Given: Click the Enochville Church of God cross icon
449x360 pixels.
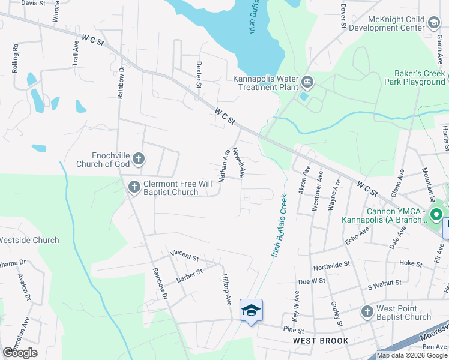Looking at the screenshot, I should [x=139, y=159].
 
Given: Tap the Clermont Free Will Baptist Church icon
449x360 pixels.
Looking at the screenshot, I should [x=134, y=188].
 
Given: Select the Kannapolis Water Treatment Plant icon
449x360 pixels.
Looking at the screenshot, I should [x=307, y=82].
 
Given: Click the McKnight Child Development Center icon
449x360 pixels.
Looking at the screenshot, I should [x=433, y=23].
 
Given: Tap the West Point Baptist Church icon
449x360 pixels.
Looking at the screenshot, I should [x=367, y=312].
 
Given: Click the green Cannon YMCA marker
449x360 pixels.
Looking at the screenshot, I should [x=436, y=214].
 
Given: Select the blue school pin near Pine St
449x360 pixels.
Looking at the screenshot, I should [x=251, y=310].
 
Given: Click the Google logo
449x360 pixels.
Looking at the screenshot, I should [x=20, y=353].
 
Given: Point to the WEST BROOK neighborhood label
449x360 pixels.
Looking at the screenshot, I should [x=321, y=341].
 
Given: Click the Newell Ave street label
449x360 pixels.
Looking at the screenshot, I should [x=239, y=163].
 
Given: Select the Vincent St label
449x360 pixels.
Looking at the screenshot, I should [x=184, y=256].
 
